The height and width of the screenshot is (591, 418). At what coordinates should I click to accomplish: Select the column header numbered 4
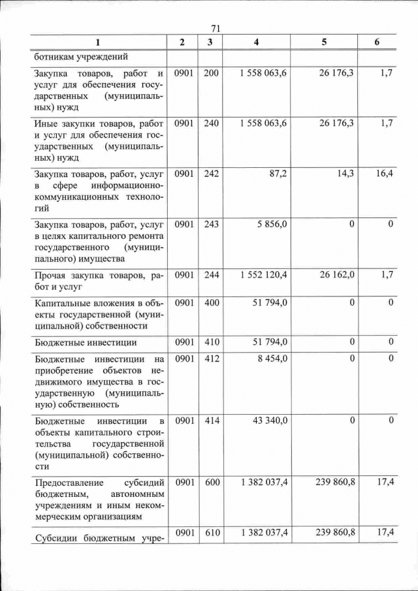(x=256, y=42)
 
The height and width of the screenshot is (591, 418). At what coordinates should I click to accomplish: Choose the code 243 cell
(x=211, y=224)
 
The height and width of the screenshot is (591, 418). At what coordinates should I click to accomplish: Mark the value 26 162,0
(x=337, y=274)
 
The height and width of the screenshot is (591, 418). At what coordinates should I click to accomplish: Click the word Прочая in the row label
(x=53, y=276)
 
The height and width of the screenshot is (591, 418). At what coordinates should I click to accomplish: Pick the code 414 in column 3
(x=211, y=420)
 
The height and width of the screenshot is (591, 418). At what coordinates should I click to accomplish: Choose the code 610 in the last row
(x=211, y=533)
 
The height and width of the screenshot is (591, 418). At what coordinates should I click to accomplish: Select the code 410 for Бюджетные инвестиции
(x=211, y=342)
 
